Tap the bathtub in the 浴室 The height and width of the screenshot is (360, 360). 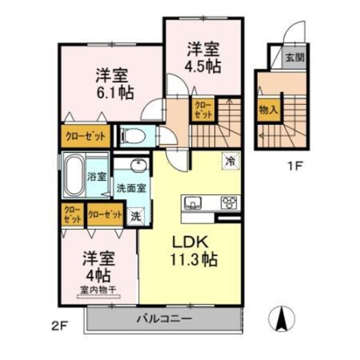(74, 176)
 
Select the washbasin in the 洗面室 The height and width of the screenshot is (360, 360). (137, 166)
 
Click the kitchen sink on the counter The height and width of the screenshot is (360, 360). (194, 202)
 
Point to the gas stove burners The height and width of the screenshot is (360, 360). (228, 202)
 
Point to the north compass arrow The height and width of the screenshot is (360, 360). (280, 317)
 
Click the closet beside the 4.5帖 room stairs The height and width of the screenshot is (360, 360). (202, 110)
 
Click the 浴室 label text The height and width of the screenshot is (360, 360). (97, 177)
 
